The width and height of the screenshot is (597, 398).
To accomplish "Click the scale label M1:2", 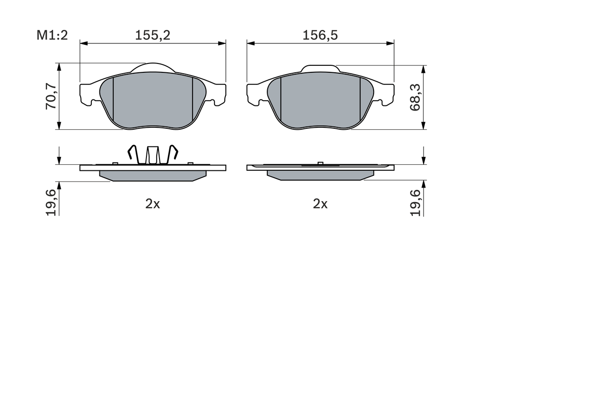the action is pos(52,35).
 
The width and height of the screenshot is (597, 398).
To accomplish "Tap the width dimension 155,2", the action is pos(153,35).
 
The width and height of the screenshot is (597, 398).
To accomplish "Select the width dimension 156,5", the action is pos(320,35).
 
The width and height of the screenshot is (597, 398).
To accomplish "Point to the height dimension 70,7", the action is pos(51,96).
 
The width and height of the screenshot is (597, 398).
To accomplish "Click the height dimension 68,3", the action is pos(415,98).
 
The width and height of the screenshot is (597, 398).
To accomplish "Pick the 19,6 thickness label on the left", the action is pos(51,202).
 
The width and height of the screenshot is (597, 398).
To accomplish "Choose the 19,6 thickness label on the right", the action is pos(415,202).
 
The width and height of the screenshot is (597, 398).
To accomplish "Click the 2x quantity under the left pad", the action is pos(153,204).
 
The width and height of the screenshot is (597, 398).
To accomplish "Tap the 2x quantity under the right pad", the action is pos(320,204).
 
